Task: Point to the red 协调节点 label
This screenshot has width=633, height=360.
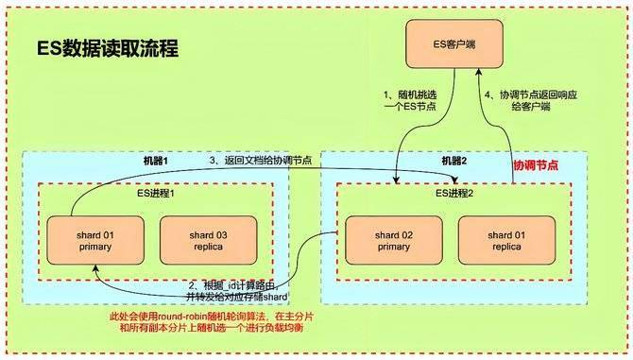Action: click(x=535, y=164)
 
